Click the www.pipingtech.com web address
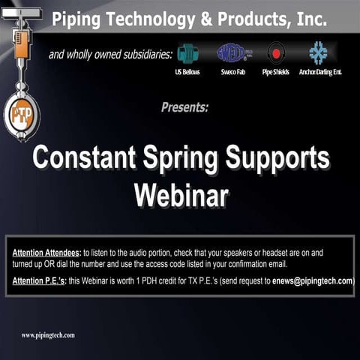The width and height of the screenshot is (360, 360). pos(48,335)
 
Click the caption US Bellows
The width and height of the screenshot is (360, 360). pos(187,72)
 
